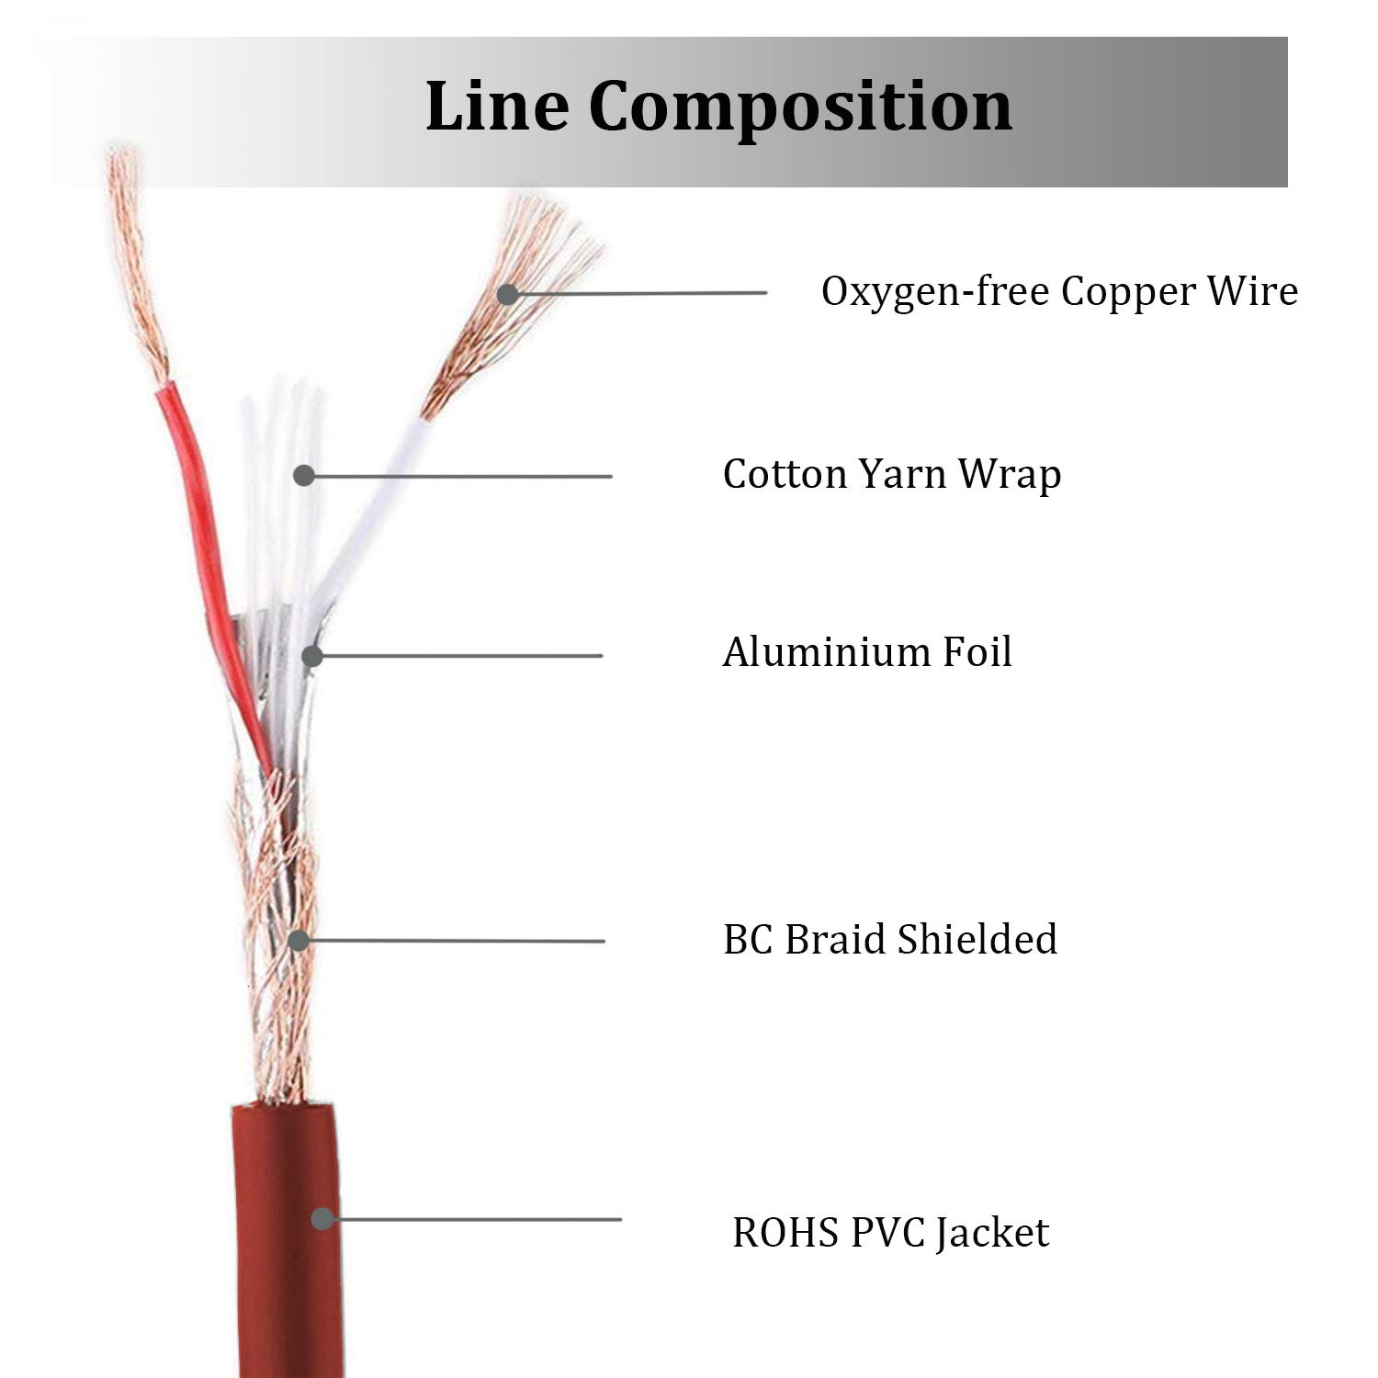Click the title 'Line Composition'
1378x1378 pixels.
718,107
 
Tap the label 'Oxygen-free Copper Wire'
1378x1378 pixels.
1059,292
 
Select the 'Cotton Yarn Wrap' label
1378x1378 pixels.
892,475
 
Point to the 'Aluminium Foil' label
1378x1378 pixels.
867,652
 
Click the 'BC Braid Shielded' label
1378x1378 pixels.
890,939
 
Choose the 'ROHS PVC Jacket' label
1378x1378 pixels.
890,1232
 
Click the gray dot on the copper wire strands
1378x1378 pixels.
507,294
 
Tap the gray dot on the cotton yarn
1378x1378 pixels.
304,475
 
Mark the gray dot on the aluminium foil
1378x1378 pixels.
312,656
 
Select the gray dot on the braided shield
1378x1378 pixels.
298,941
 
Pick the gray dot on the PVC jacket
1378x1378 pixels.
322,1219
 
